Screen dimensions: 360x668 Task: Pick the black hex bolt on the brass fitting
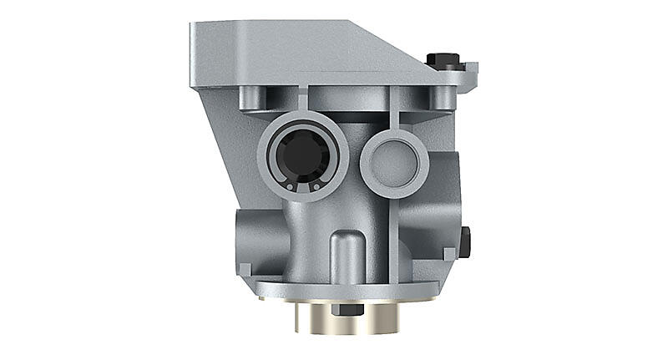click(x=347, y=309)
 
